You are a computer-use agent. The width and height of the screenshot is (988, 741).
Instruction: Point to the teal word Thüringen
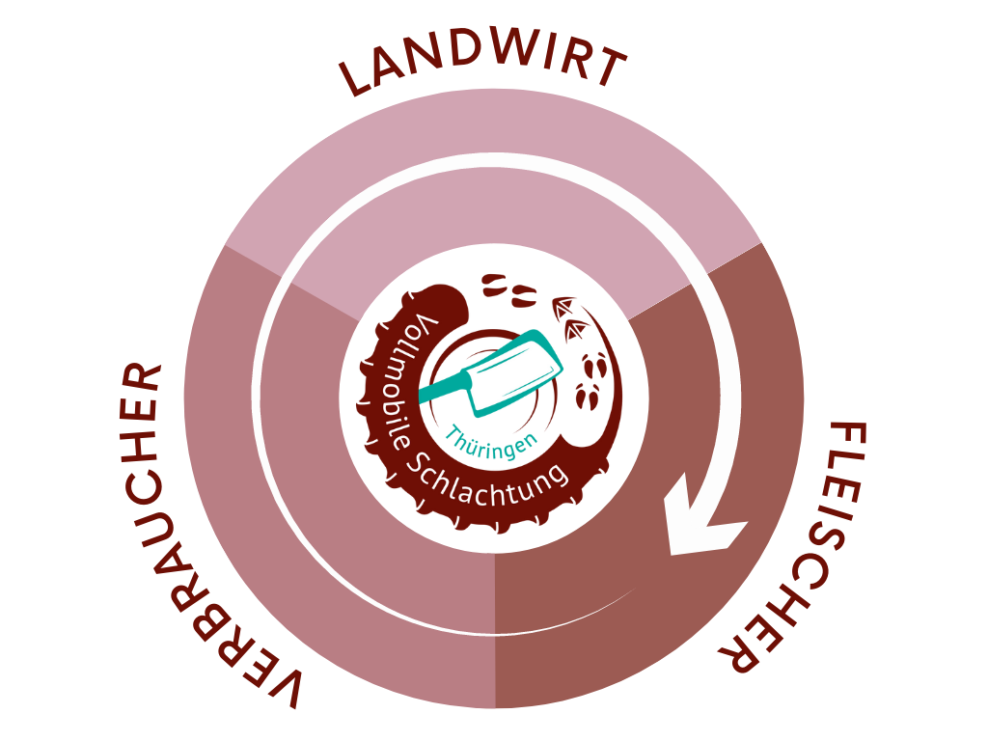[492, 442]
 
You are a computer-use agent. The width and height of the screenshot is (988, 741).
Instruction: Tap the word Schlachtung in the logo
[486, 482]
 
